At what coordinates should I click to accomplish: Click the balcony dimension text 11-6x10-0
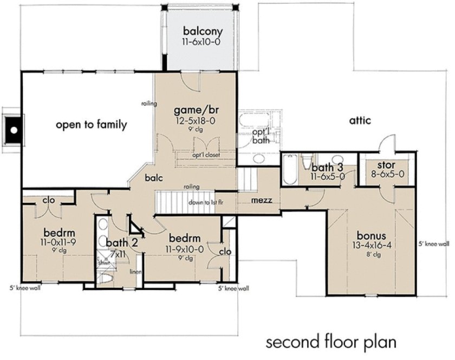pos(200,41)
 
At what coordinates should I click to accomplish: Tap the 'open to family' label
pos(91,125)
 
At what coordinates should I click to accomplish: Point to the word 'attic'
pos(360,120)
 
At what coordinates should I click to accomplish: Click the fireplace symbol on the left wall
pos(13,129)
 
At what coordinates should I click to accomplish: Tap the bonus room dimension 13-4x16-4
pos(371,246)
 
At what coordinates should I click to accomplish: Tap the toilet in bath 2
pos(106,279)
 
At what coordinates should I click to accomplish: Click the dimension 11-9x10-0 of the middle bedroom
pos(185,249)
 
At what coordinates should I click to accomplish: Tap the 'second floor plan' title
pos(331,343)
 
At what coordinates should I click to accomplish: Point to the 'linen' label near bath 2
pos(134,272)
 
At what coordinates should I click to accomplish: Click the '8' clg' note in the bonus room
pos(371,254)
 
